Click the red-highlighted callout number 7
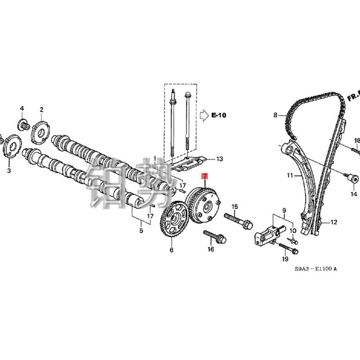[205, 175]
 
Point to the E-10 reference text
[219, 116]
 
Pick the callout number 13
[219, 159]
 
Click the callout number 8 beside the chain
[276, 115]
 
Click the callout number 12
[333, 222]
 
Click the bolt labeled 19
[288, 247]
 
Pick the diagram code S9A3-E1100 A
[315, 269]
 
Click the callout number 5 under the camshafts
[141, 231]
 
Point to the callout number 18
[357, 141]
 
